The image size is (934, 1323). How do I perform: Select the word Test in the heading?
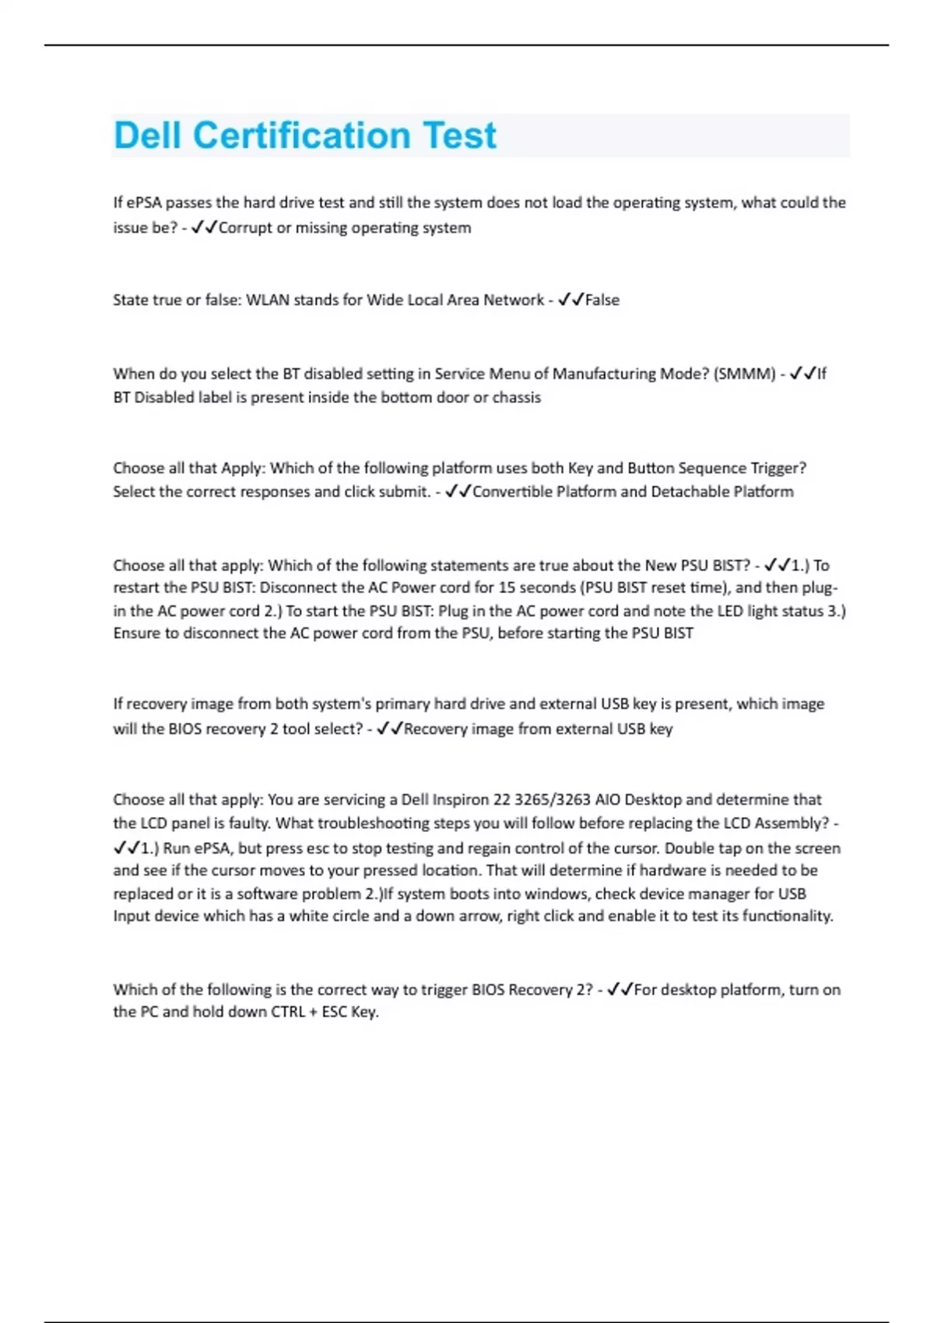click(459, 135)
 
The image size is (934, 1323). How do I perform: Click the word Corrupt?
click(245, 228)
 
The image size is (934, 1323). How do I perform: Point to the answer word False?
click(602, 300)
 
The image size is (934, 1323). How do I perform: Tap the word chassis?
click(516, 398)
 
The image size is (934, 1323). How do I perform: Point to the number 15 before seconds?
click(507, 588)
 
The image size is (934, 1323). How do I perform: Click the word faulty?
click(248, 823)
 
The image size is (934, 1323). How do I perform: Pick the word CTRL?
click(293, 1012)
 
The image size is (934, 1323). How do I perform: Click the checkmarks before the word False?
click(571, 300)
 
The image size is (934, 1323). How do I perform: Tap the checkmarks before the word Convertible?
click(458, 492)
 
